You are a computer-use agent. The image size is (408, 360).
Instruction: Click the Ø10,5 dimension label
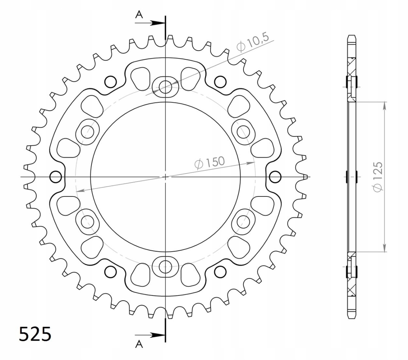(253, 43)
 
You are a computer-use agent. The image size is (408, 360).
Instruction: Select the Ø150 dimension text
(210, 162)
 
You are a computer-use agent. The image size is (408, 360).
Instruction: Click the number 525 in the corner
(35, 334)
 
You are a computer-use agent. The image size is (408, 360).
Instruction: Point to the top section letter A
(139, 15)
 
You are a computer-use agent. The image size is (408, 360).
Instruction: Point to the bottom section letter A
(139, 344)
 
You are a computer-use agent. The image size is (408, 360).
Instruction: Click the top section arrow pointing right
(150, 23)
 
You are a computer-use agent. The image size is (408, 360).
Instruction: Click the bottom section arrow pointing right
(150, 335)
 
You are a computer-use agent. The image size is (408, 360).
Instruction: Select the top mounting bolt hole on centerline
(165, 87)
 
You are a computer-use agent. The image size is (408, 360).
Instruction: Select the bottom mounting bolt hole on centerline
(165, 267)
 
